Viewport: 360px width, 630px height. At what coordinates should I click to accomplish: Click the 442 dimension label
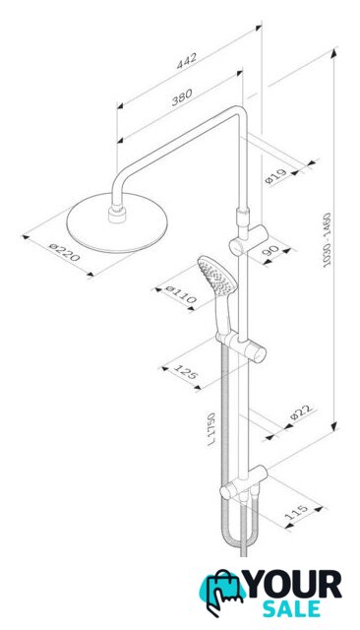pos(187,60)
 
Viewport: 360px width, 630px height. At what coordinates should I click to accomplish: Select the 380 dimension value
pos(182,96)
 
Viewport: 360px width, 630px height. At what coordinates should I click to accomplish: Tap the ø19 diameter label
pos(276,176)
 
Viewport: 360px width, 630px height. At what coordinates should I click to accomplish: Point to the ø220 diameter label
pos(64,252)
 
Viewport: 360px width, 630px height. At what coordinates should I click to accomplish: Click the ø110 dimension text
pos(181,294)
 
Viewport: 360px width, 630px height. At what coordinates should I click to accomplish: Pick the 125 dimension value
pos(186,370)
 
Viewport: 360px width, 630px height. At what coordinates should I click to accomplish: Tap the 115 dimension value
pos(297,511)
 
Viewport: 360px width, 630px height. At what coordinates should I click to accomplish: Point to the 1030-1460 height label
pos(327,240)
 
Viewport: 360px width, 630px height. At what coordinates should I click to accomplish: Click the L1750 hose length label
pos(211,429)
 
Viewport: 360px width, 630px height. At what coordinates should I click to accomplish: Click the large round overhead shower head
pos(117,222)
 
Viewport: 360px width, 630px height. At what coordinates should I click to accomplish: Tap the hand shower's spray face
pos(216,276)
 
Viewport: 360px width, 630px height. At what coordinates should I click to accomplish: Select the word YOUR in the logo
pos(294,585)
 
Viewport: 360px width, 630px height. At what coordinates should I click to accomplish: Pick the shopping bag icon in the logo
pos(223,593)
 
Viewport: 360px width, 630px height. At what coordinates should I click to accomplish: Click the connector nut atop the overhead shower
pos(117,213)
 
